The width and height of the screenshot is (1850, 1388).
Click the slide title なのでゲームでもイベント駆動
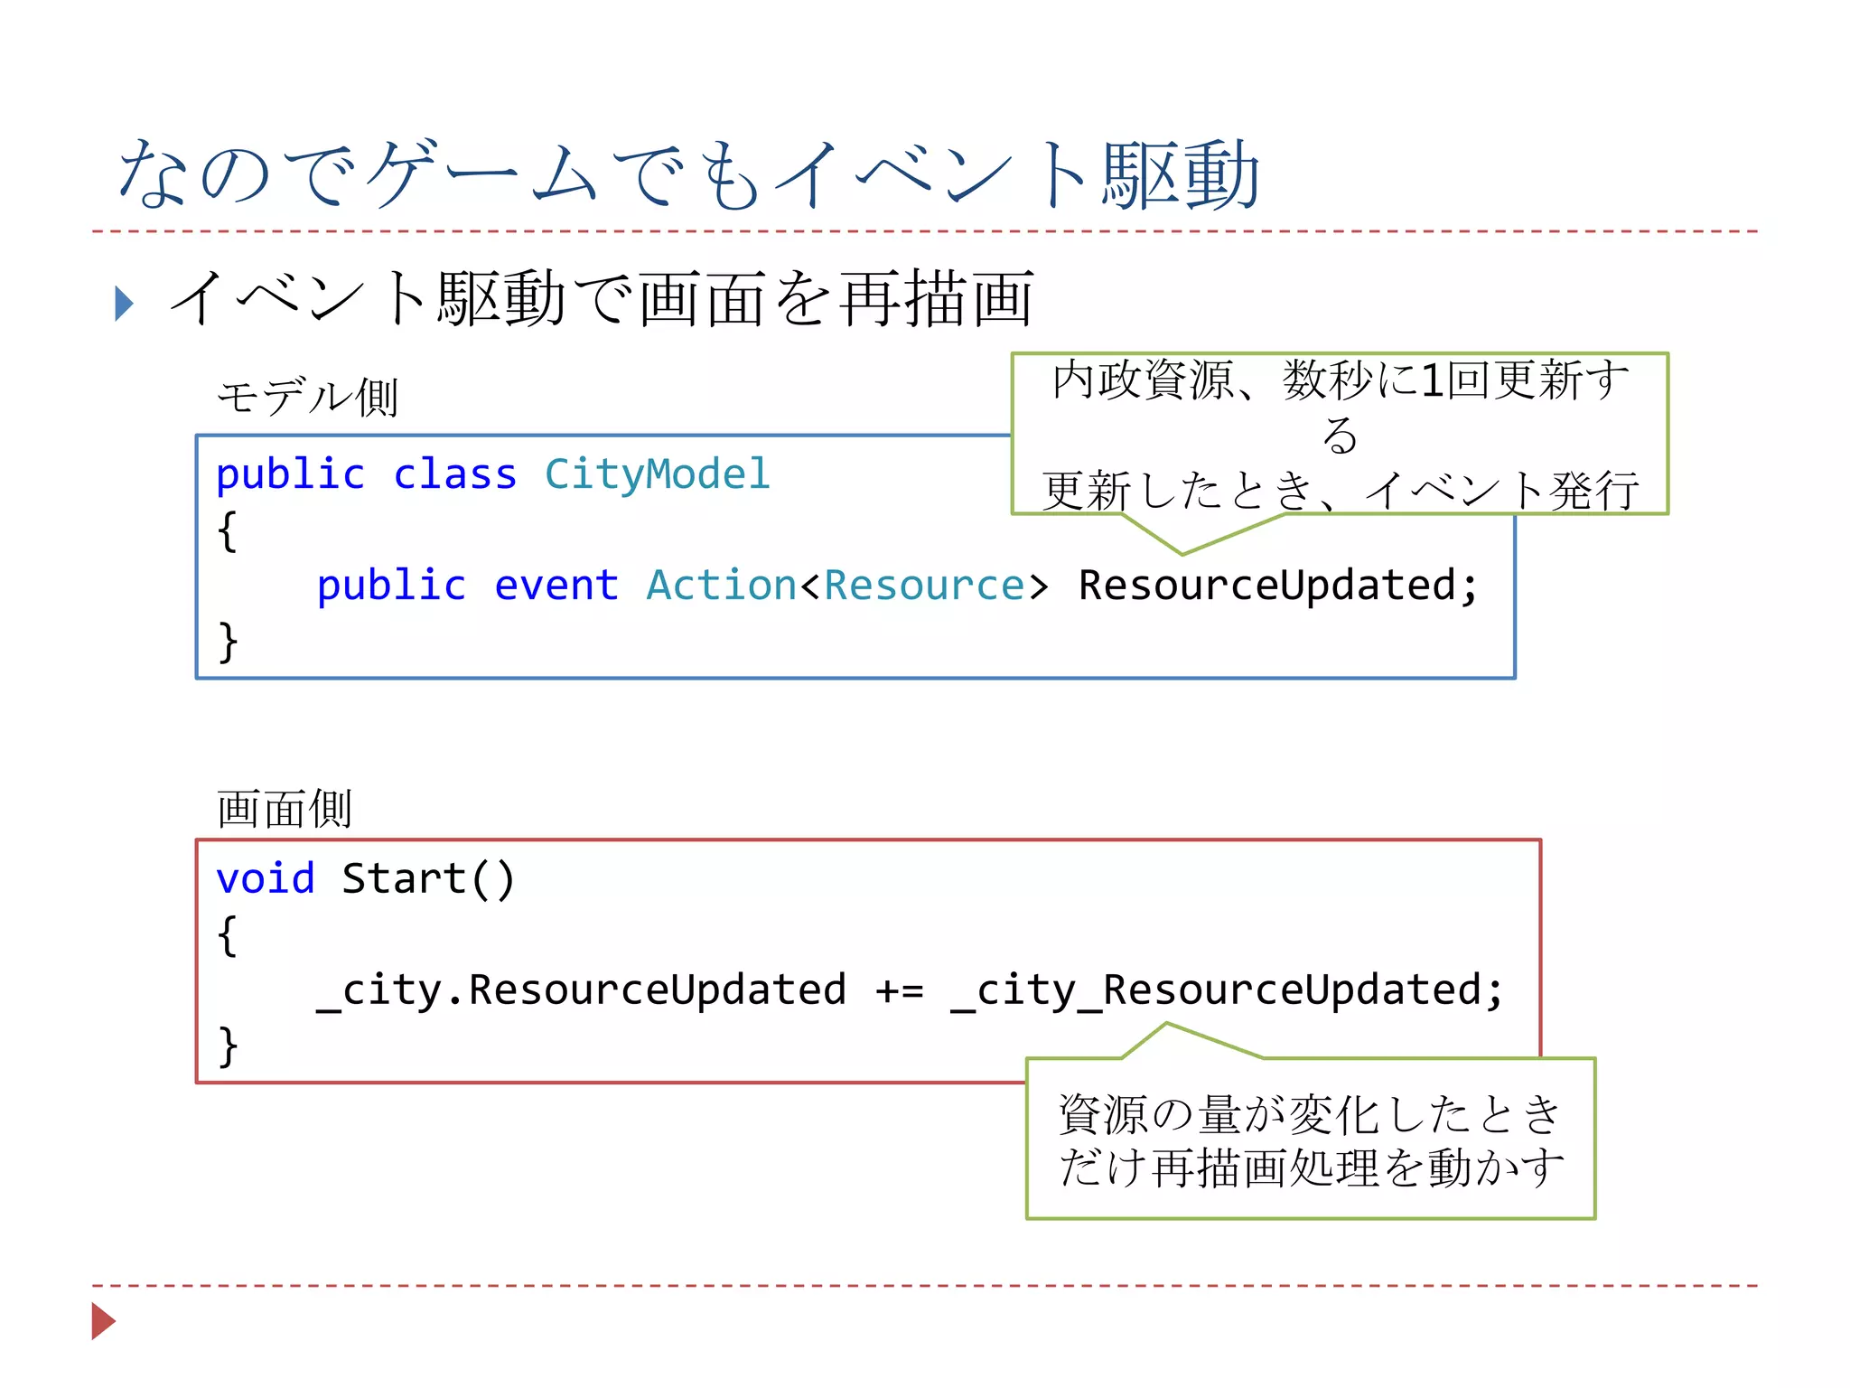click(688, 174)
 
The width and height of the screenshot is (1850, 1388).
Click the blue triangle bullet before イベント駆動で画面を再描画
click(125, 304)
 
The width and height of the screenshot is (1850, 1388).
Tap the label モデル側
click(307, 398)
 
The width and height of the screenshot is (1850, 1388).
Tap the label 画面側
click(284, 808)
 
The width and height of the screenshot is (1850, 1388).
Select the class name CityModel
click(657, 474)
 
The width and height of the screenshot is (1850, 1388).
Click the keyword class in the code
click(454, 474)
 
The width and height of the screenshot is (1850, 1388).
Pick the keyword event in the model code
click(556, 586)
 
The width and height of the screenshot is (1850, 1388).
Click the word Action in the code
click(721, 586)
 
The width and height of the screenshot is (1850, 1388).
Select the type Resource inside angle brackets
click(923, 586)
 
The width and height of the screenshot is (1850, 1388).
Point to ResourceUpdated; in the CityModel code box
click(1277, 586)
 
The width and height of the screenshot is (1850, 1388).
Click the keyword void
click(266, 878)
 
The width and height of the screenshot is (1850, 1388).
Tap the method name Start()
click(428, 878)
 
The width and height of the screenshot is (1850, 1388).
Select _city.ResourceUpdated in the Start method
click(581, 990)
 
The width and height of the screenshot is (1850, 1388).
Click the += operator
click(899, 990)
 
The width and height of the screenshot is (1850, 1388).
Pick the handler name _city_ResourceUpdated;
click(1227, 990)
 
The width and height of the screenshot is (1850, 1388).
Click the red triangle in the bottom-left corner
click(103, 1321)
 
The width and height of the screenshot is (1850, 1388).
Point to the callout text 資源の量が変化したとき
click(1310, 1114)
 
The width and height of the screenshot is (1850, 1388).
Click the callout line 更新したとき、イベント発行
click(1341, 491)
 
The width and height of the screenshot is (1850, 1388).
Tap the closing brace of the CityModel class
click(228, 642)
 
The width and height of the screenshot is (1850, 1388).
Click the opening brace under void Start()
click(228, 935)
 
